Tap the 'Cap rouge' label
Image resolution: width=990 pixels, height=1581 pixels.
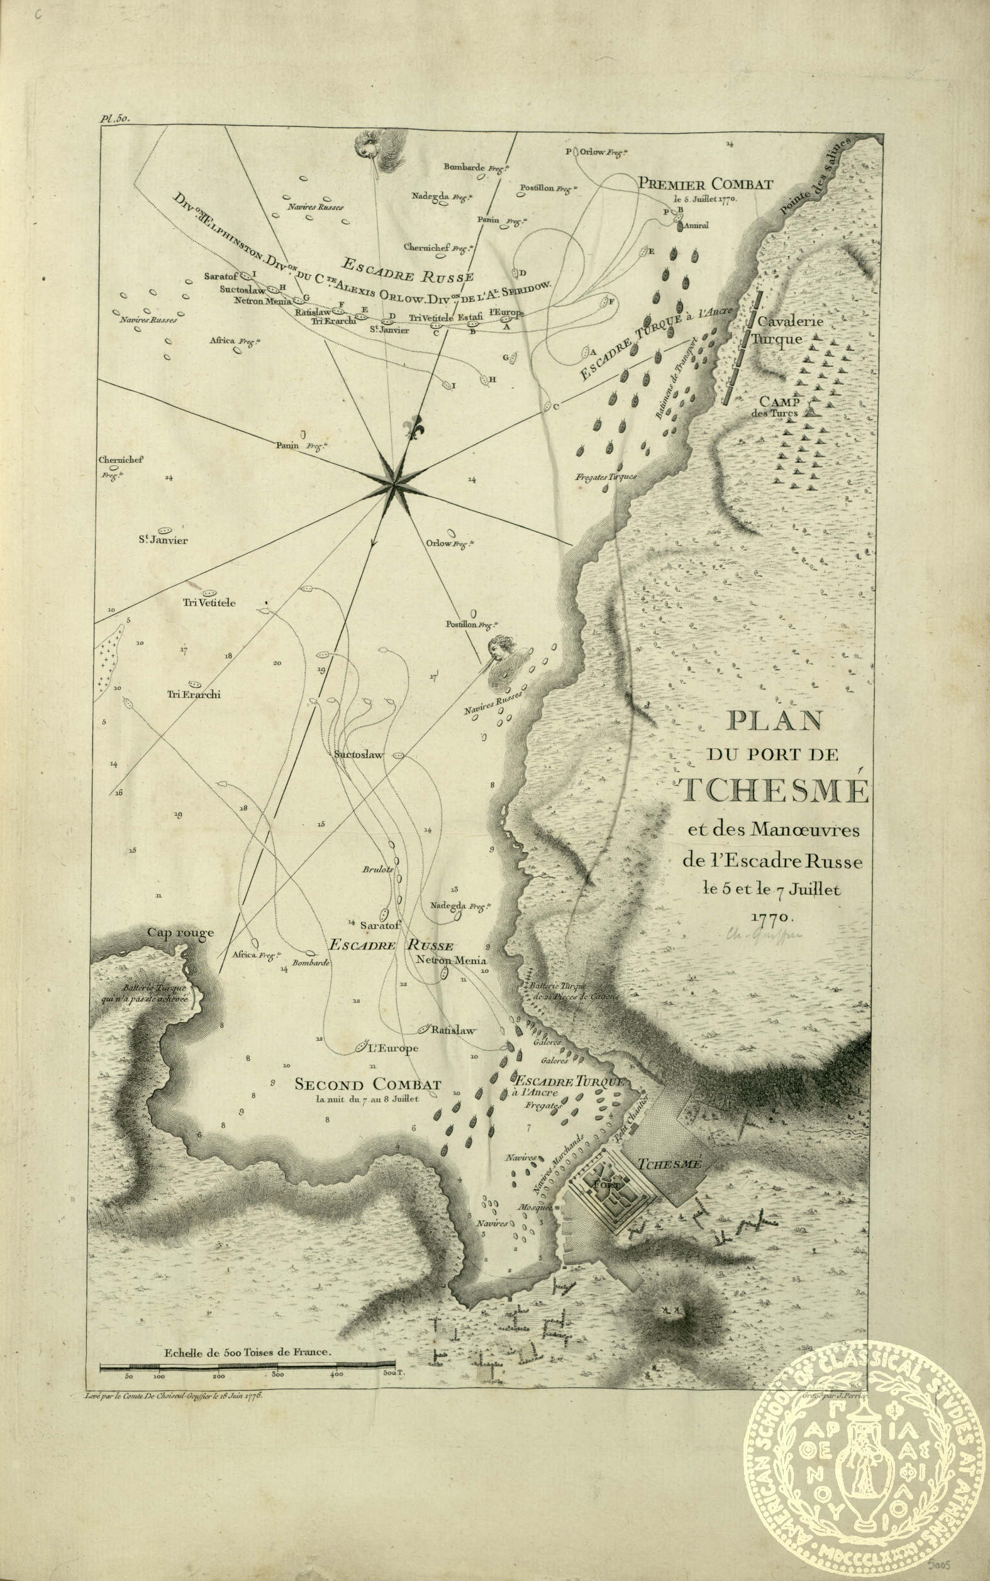pyautogui.click(x=180, y=933)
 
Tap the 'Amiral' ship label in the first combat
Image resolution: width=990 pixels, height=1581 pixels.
pyautogui.click(x=698, y=226)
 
